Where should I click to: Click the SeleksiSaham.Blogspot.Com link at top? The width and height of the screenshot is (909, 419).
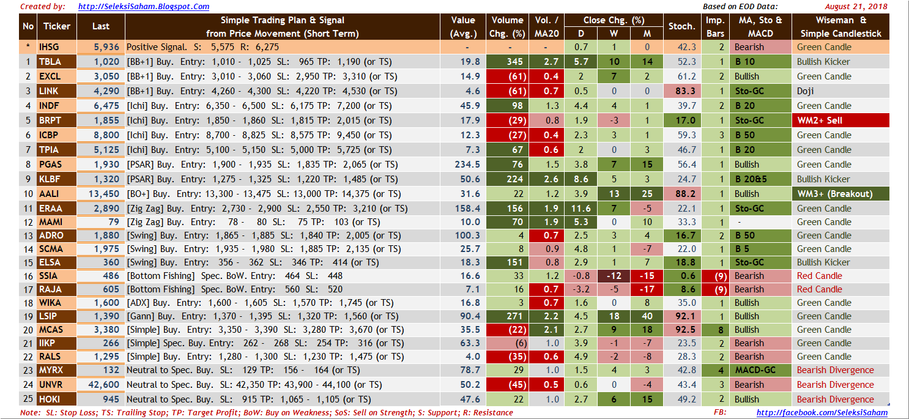coord(144,7)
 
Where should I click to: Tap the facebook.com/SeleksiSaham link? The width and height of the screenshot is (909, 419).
coord(822,413)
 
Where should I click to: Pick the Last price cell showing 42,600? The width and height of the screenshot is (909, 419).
coord(101,385)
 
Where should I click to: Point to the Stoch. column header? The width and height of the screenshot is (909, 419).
coord(681,26)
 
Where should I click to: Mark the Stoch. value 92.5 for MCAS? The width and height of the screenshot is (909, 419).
coord(681,330)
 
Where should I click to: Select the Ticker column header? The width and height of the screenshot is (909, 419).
coord(56,26)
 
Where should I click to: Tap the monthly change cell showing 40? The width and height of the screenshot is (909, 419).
coord(647,316)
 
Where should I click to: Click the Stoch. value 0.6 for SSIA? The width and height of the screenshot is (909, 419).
coord(681,276)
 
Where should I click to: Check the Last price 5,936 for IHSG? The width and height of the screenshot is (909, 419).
coord(101,47)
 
